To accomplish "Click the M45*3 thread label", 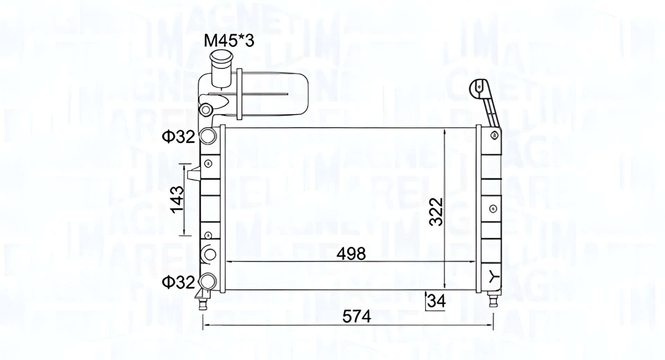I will click(229, 41).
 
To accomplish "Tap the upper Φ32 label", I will click(179, 137).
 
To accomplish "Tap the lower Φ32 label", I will click(179, 282).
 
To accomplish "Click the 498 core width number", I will click(352, 254).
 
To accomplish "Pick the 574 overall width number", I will click(357, 316).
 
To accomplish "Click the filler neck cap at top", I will click(221, 57).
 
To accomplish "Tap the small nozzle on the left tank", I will click(193, 173).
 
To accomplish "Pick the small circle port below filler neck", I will click(206, 110).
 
